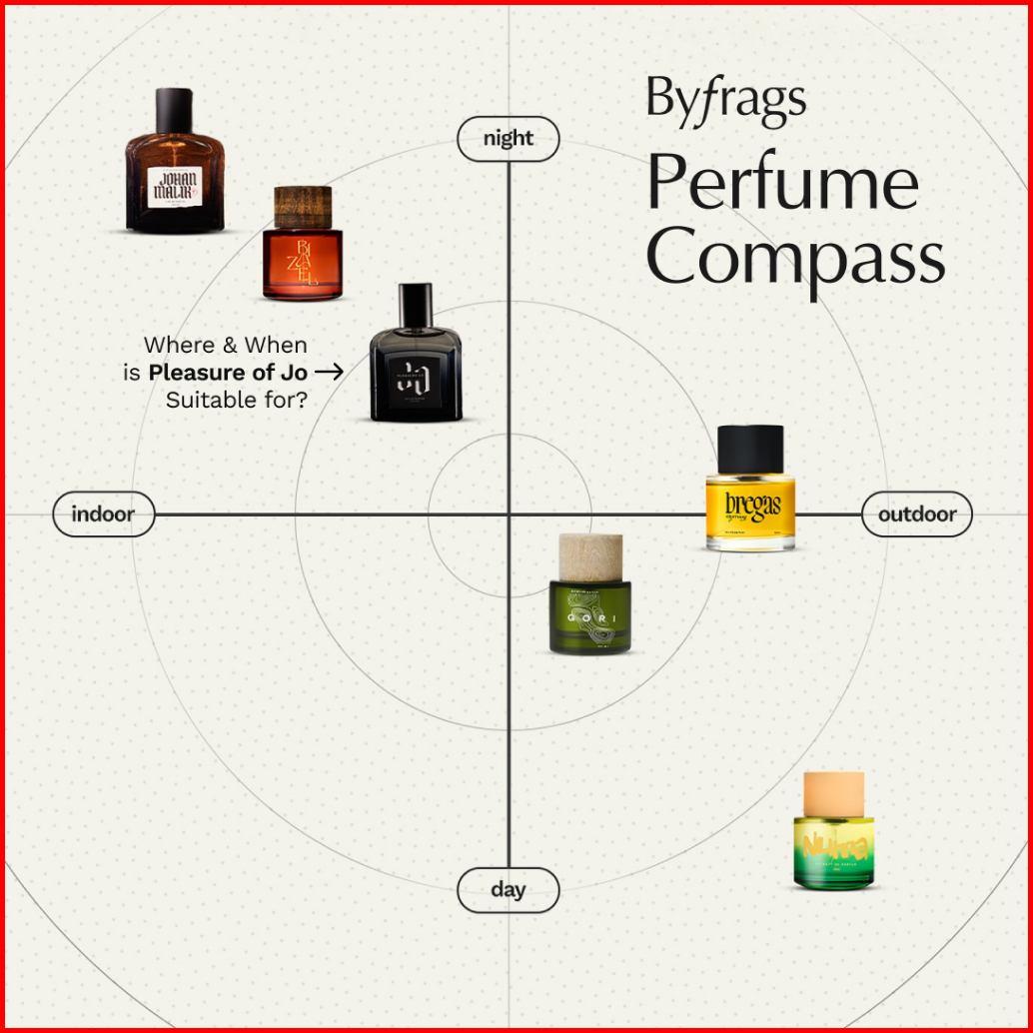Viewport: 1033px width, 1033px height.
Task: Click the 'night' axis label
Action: tap(508, 139)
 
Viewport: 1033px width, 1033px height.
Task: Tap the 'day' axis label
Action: tap(508, 889)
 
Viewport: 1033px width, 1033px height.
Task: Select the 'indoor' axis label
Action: tap(102, 515)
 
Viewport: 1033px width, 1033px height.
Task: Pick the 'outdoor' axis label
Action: tap(916, 515)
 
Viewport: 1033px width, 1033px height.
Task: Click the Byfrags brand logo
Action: tap(725, 100)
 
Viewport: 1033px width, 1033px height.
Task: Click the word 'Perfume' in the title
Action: tap(781, 183)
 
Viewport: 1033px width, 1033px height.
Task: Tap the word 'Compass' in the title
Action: tap(795, 256)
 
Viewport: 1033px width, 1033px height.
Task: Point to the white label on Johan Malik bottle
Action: tap(176, 187)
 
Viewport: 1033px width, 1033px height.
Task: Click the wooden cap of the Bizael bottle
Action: tap(303, 206)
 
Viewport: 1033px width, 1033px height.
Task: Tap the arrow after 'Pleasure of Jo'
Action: tap(329, 373)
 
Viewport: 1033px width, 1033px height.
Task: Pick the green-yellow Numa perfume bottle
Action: tap(833, 844)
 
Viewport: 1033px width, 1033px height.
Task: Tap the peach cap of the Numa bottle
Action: tap(833, 792)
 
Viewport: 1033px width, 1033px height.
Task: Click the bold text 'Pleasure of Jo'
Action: tap(228, 373)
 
